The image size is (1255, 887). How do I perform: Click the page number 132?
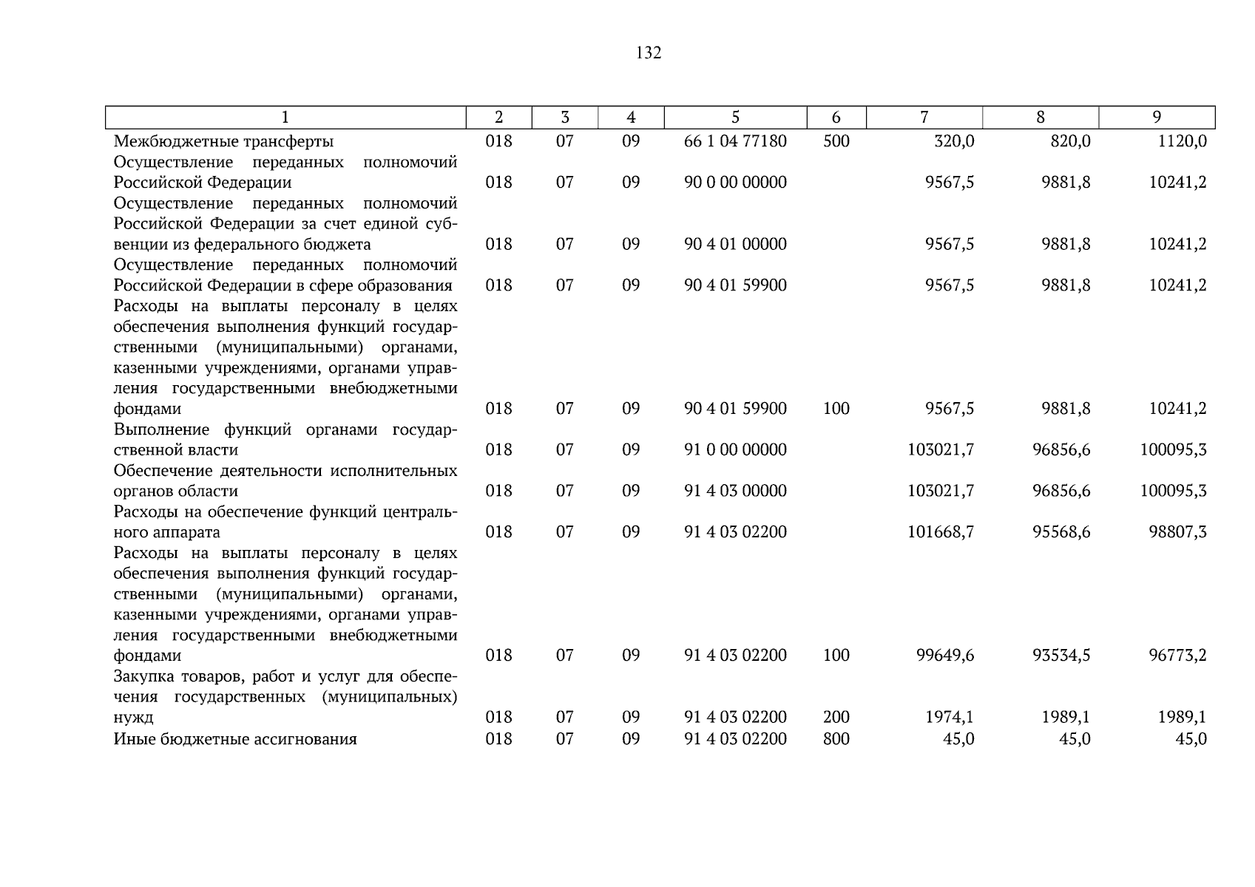[648, 52]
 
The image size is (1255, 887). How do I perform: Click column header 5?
[735, 118]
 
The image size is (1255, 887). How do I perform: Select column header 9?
[1157, 118]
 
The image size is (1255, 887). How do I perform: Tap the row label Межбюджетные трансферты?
[223, 141]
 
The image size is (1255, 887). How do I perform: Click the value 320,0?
[954, 141]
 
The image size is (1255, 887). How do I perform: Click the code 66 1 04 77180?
[735, 141]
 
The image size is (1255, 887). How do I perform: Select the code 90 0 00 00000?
[735, 183]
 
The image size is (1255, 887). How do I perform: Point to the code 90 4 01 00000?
[735, 244]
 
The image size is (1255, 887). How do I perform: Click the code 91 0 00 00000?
[735, 449]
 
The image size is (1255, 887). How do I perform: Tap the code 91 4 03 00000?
[735, 491]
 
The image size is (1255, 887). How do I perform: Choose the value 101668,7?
[941, 532]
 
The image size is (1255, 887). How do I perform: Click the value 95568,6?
[1061, 532]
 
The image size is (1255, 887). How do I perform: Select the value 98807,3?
[1177, 532]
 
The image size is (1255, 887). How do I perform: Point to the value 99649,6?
[945, 655]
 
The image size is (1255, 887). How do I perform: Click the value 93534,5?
[1061, 655]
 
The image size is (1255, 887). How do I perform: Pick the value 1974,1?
[950, 717]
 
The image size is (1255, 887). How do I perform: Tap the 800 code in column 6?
[836, 739]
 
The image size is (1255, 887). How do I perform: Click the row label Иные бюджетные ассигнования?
[235, 739]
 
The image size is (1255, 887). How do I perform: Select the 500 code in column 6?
[836, 141]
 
